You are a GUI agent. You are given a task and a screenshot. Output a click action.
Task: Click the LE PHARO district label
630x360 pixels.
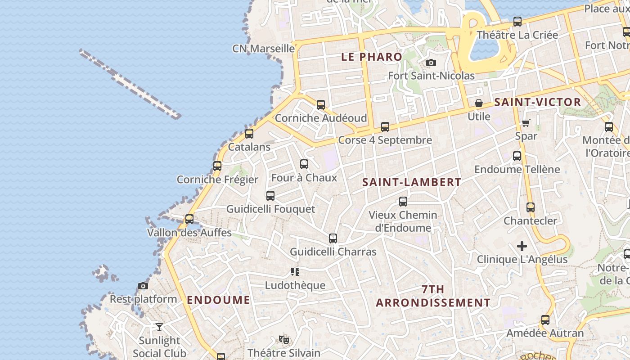[x=371, y=57]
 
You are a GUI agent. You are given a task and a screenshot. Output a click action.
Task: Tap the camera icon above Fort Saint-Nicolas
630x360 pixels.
[x=431, y=63]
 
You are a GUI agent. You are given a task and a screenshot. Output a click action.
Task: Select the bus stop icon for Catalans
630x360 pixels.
[x=249, y=134]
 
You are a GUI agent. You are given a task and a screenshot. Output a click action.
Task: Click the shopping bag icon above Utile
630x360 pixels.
[x=479, y=103]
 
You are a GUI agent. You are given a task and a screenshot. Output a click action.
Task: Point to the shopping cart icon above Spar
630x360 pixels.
[x=526, y=123]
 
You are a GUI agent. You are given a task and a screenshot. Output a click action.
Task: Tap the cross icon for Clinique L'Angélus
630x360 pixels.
[x=522, y=246]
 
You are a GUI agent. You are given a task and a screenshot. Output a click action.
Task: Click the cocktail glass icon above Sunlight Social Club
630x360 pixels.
[x=159, y=327]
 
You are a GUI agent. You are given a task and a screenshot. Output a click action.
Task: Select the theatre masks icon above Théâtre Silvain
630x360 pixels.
[x=283, y=339]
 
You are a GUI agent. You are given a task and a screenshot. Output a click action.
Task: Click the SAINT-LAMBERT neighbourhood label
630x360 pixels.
[x=412, y=182]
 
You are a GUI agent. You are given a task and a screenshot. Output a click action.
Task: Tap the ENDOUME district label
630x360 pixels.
[x=218, y=300]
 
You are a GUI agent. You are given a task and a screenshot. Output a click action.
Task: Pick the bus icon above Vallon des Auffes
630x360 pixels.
[x=189, y=219]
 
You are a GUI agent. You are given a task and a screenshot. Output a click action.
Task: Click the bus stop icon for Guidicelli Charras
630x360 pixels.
[x=333, y=238]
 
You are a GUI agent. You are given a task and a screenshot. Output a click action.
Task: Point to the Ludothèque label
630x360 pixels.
[x=295, y=285]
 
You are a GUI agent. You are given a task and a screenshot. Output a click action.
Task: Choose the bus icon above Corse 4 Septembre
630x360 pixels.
[x=385, y=127]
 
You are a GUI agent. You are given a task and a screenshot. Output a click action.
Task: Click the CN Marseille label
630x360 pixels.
[x=263, y=49]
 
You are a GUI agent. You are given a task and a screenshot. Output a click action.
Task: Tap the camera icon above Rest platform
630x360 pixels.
[x=143, y=286]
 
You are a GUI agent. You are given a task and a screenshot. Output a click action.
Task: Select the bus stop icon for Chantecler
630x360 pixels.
[x=531, y=207]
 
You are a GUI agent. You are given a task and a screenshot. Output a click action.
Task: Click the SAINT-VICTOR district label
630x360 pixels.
[x=537, y=102]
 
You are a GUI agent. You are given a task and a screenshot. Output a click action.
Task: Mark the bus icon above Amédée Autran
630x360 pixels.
[x=545, y=320]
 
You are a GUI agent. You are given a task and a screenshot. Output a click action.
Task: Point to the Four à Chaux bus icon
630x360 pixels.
[x=304, y=164]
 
